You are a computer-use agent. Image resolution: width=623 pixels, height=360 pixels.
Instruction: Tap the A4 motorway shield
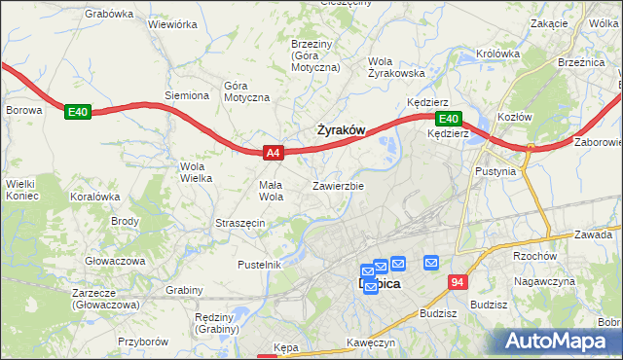[274, 152]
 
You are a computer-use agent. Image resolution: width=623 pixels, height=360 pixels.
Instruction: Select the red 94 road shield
[460, 282]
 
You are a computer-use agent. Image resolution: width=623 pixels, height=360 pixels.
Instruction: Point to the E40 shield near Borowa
[78, 113]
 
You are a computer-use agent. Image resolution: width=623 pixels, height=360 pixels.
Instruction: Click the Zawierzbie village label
[338, 186]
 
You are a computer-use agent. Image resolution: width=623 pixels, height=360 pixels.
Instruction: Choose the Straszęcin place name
[239, 223]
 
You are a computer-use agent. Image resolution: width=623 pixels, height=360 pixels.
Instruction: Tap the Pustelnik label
[260, 265]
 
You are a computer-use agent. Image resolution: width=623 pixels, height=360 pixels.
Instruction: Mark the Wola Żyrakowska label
[397, 66]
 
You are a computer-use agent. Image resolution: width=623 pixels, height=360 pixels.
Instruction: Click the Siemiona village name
[187, 95]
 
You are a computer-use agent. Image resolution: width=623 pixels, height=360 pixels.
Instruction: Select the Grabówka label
[108, 14]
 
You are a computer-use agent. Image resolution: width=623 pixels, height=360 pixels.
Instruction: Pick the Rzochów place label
[520, 257]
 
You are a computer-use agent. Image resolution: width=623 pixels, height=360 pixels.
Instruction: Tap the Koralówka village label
[94, 196]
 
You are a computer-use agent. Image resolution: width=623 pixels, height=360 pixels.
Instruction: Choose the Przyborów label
[143, 342]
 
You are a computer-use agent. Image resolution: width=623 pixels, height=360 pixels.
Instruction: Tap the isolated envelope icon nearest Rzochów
[431, 262]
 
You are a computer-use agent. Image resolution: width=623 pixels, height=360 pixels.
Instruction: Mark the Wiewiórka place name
[173, 25]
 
